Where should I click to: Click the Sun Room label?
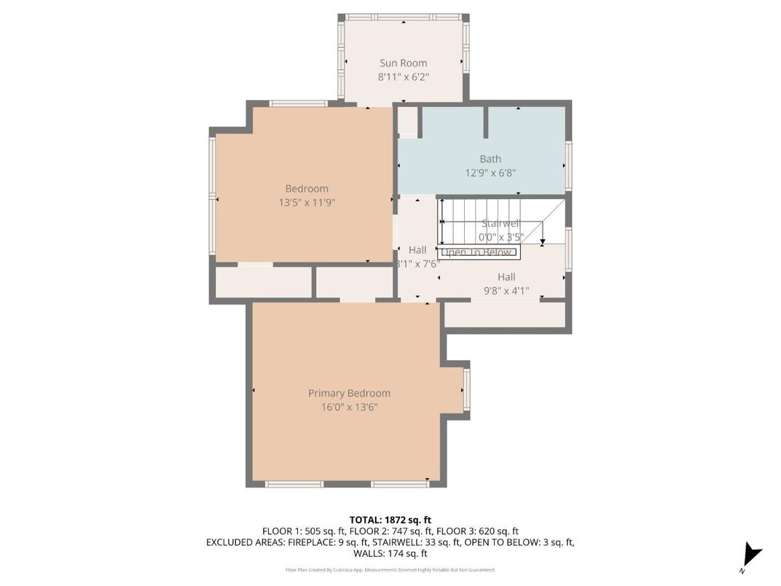pos(403,63)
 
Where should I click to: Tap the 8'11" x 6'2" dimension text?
pos(403,77)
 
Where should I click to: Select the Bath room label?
pos(490,159)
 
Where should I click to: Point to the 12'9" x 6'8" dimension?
pos(490,173)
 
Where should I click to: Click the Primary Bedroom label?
pos(349,394)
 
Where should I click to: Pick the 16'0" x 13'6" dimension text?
pos(349,407)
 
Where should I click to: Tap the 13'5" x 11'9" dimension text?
pos(306,202)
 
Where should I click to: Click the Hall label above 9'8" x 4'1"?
pos(506,277)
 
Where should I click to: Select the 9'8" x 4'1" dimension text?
pos(506,291)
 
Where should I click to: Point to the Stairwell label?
pos(501,224)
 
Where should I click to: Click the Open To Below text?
pos(477,253)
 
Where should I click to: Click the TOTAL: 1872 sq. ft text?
pos(390,520)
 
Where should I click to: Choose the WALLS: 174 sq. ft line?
pos(390,554)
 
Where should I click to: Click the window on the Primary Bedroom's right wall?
pos(466,389)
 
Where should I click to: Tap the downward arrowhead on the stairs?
pos(542,241)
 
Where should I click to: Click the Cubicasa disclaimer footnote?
pos(390,569)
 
